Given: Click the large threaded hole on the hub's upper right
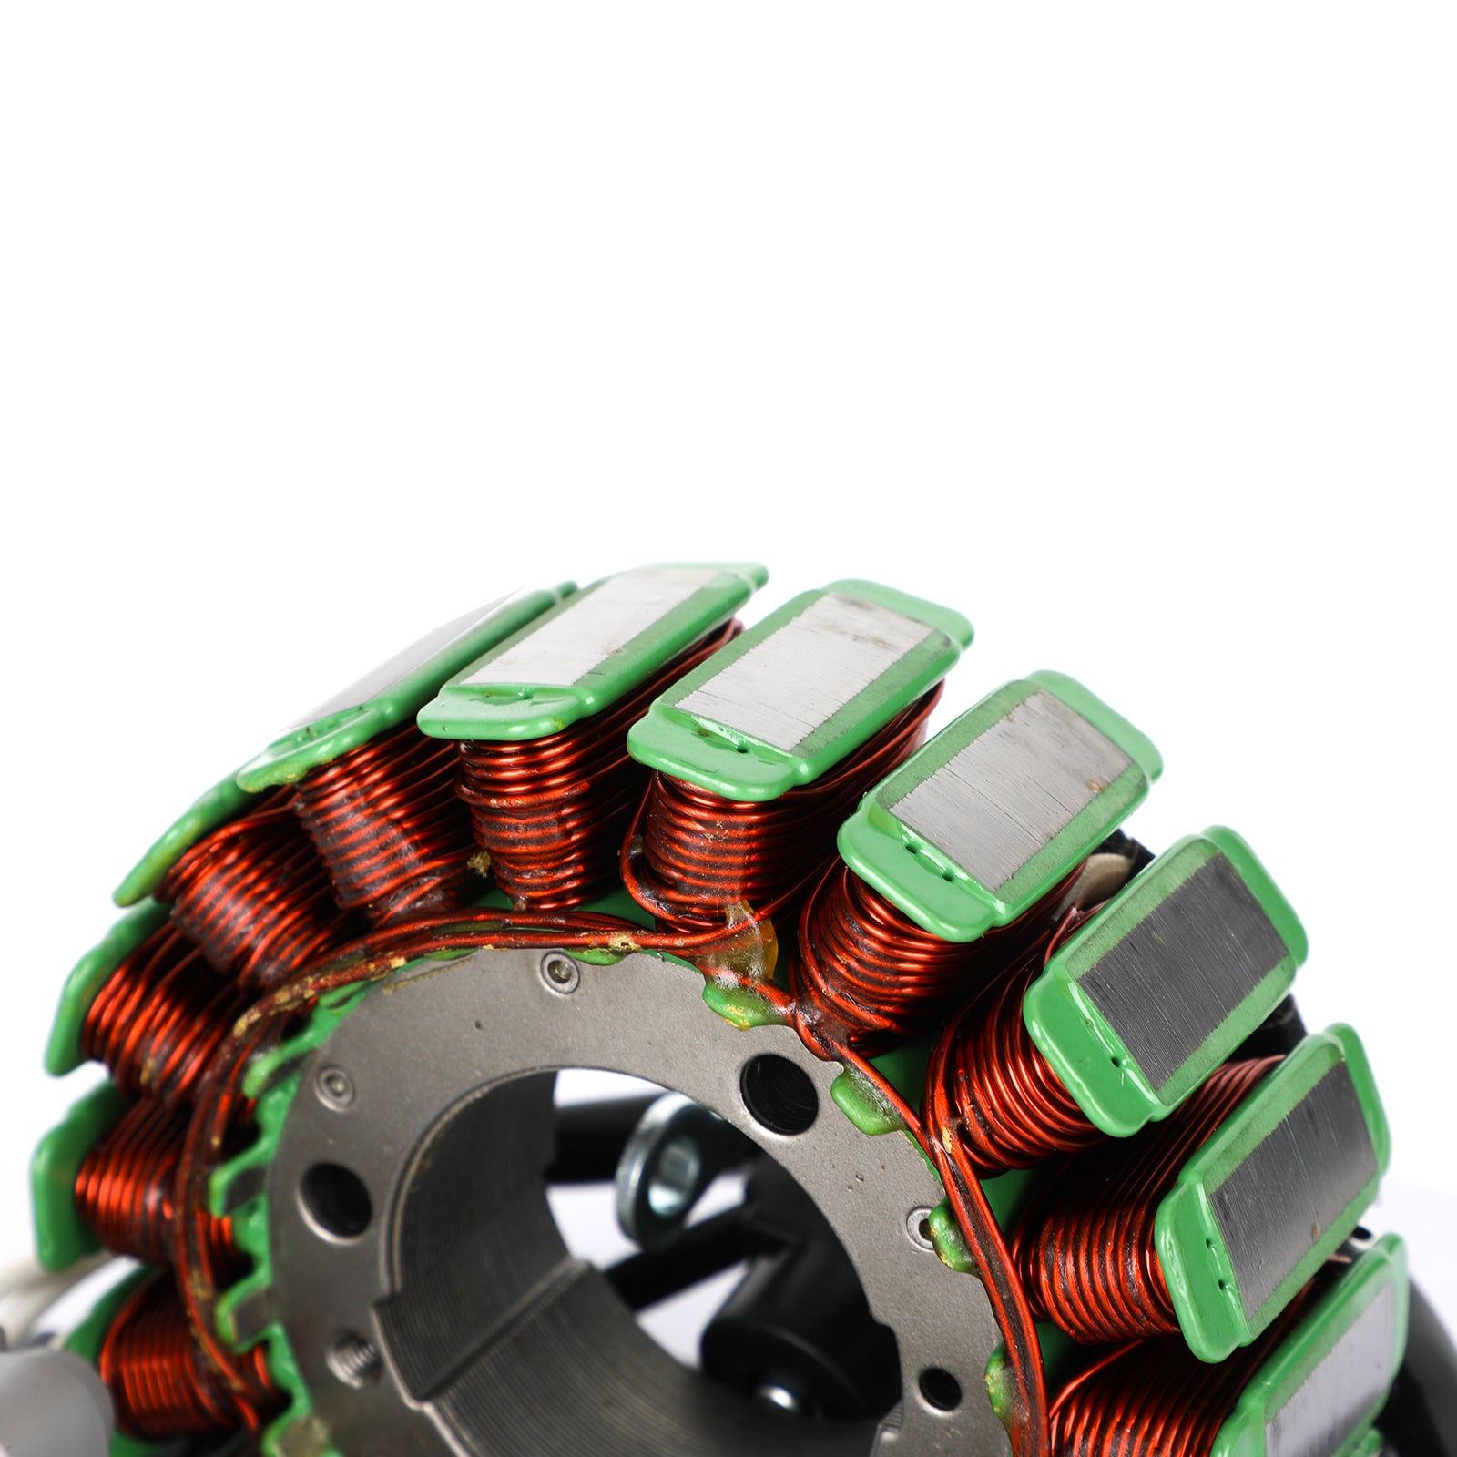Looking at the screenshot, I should (x=779, y=1093).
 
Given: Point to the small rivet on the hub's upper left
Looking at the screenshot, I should (x=337, y=1085).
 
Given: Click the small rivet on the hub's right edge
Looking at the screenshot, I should (x=921, y=1225).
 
